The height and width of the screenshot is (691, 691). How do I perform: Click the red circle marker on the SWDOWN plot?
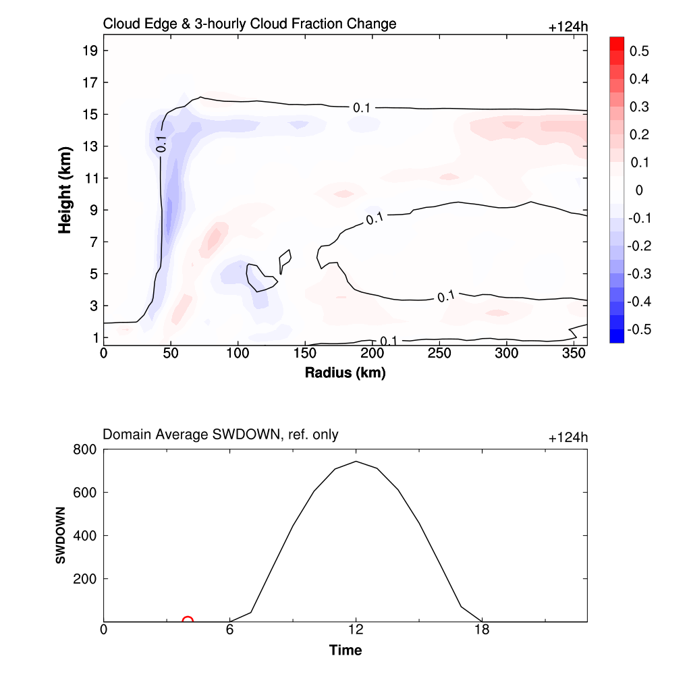tap(188, 621)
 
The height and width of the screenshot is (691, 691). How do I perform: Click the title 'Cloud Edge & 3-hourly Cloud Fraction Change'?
tap(249, 24)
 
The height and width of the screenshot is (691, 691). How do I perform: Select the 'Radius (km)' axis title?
tap(345, 372)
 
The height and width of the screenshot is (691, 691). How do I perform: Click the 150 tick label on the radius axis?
tap(305, 354)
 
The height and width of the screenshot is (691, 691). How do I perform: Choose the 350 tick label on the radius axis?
tap(574, 354)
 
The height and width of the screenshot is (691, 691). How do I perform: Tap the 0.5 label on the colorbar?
tap(639, 51)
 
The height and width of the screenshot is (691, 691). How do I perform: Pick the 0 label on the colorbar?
tap(639, 190)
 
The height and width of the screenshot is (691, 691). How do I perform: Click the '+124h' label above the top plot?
tap(568, 27)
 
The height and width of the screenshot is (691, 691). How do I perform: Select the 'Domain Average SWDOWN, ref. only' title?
tap(220, 435)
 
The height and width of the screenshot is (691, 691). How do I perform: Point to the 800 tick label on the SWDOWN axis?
tap(85, 449)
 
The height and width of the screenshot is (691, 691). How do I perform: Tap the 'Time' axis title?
tap(345, 651)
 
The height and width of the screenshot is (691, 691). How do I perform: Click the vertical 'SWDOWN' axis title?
tap(61, 535)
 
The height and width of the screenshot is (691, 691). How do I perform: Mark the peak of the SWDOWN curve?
tap(356, 462)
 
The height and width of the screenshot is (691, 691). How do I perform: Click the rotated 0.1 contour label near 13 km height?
tap(161, 143)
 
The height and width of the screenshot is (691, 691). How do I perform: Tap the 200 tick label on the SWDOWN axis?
tap(85, 579)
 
